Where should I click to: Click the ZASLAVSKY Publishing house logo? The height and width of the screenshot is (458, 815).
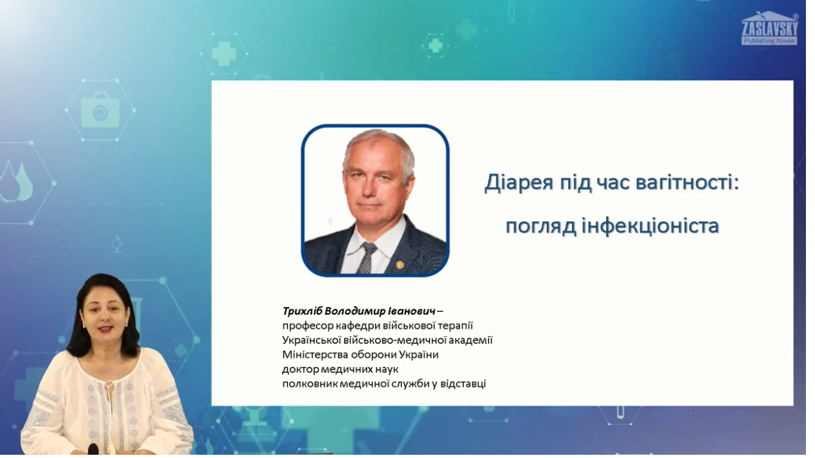pos(769,28)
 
